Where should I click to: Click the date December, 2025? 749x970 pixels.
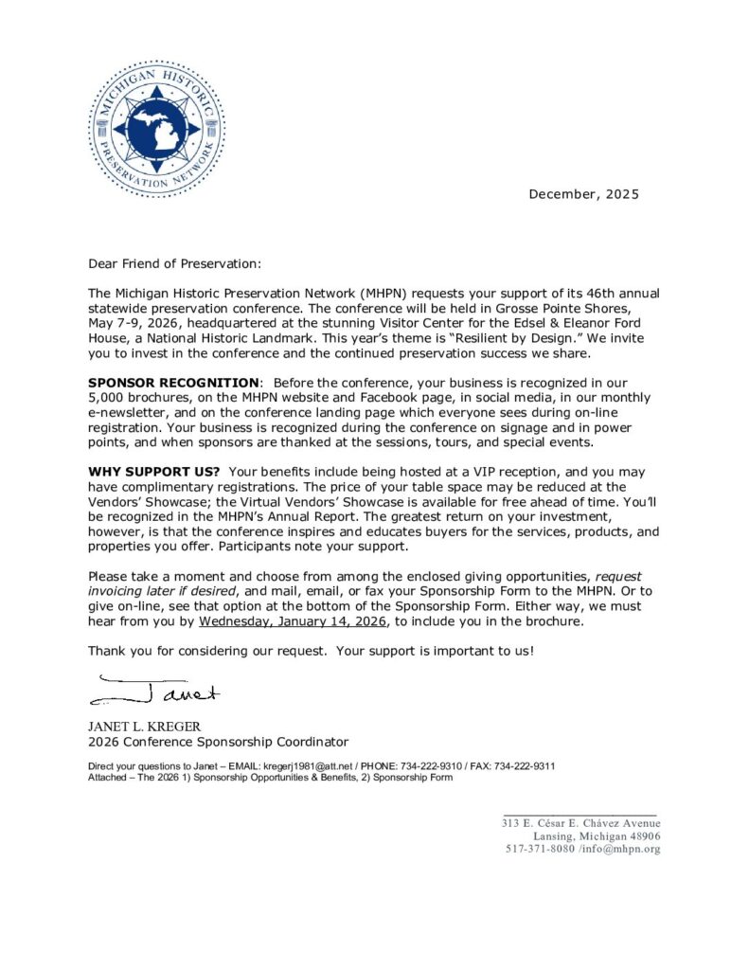[x=583, y=194]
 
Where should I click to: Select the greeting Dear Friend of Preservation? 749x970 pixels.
[x=173, y=263]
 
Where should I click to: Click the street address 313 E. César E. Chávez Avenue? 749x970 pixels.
[x=580, y=823]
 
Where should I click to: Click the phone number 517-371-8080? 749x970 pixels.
[x=541, y=849]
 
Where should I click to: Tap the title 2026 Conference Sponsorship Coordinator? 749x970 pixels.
[x=218, y=742]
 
